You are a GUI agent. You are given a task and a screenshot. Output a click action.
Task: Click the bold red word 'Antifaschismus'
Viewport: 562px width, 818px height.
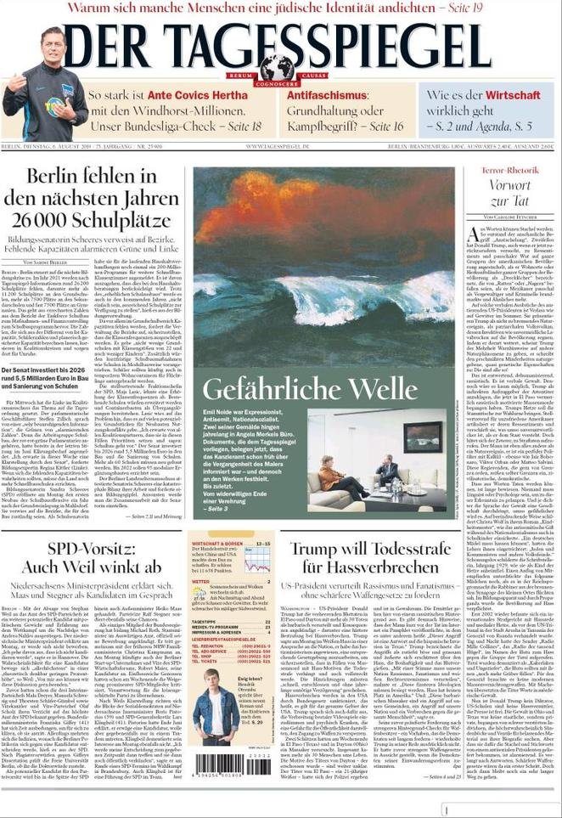[x=323, y=96]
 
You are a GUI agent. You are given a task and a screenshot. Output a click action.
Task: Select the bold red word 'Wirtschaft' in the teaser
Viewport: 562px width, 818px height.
[x=511, y=95]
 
